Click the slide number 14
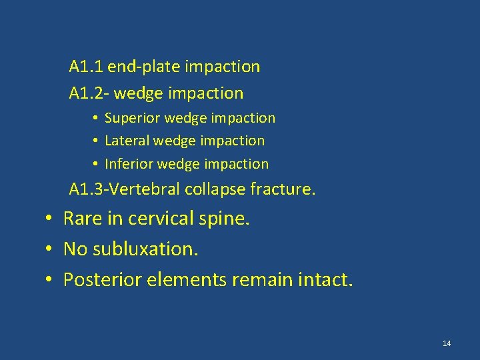(x=447, y=343)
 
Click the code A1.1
(x=86, y=67)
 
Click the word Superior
(x=133, y=118)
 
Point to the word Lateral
(x=127, y=141)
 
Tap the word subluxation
(x=146, y=249)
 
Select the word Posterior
(x=97, y=279)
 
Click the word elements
(x=183, y=279)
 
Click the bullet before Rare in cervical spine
(x=49, y=218)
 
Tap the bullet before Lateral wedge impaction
(x=96, y=141)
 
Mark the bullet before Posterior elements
(x=49, y=279)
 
